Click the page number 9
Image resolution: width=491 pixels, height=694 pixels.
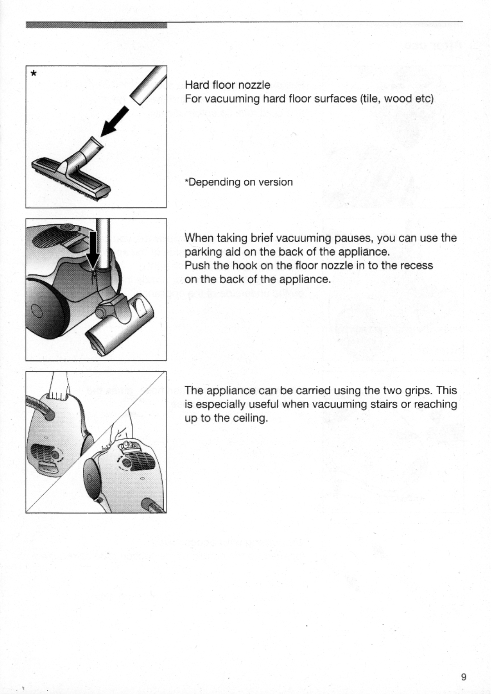tap(463, 677)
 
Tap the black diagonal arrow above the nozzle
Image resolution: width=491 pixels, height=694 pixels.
tap(114, 121)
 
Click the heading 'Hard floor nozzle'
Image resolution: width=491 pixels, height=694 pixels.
tap(227, 85)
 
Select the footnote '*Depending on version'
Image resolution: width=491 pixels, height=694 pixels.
tap(239, 182)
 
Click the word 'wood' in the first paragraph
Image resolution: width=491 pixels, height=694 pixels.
tap(398, 99)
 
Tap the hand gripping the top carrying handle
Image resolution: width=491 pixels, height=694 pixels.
tap(59, 389)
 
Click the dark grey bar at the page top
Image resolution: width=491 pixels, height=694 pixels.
tap(96, 25)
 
